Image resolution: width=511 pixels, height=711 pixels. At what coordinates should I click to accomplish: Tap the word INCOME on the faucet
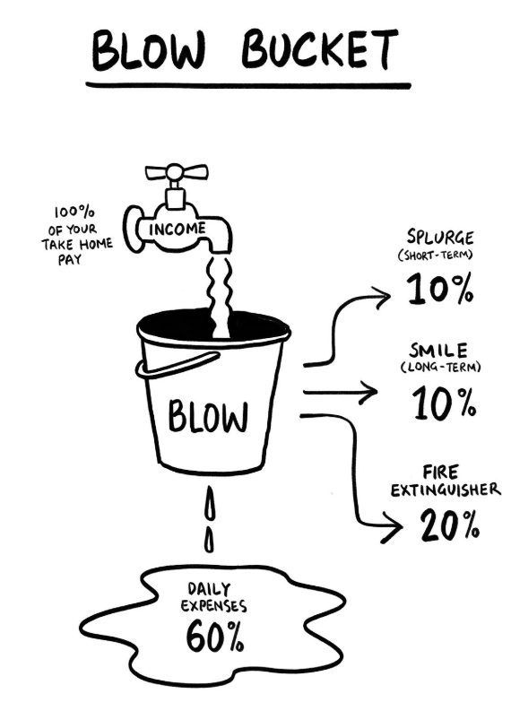(x=178, y=229)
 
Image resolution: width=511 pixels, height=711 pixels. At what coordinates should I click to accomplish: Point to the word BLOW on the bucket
(x=208, y=415)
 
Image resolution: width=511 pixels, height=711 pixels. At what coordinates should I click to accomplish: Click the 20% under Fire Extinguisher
(x=449, y=525)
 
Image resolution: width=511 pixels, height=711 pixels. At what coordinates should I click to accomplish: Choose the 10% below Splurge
(x=440, y=289)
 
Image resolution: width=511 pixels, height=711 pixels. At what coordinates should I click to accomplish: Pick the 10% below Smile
(x=444, y=403)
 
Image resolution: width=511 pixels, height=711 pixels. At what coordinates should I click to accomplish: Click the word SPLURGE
(x=440, y=237)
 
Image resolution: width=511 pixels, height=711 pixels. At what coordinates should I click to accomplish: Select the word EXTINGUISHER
(x=446, y=490)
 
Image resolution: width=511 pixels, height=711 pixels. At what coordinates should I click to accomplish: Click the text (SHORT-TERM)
(x=436, y=256)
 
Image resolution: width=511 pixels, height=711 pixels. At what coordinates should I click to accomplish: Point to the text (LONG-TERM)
(x=440, y=367)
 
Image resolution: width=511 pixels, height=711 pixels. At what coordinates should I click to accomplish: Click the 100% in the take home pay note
(x=74, y=212)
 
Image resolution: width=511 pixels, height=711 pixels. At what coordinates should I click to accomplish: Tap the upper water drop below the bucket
(x=210, y=503)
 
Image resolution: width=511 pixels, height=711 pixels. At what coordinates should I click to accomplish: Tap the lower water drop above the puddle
(x=209, y=539)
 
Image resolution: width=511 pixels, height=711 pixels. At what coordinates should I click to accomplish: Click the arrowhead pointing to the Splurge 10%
(x=382, y=298)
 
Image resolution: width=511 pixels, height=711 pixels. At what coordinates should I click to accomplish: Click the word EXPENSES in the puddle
(x=214, y=606)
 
